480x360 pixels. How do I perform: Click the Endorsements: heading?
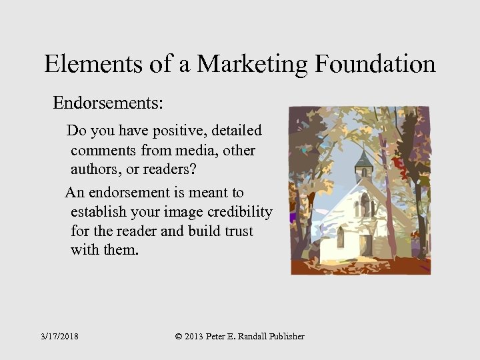(x=109, y=103)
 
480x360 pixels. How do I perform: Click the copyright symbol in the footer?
(x=178, y=337)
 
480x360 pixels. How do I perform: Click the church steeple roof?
(x=362, y=159)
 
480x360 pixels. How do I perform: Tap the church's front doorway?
(x=366, y=245)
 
